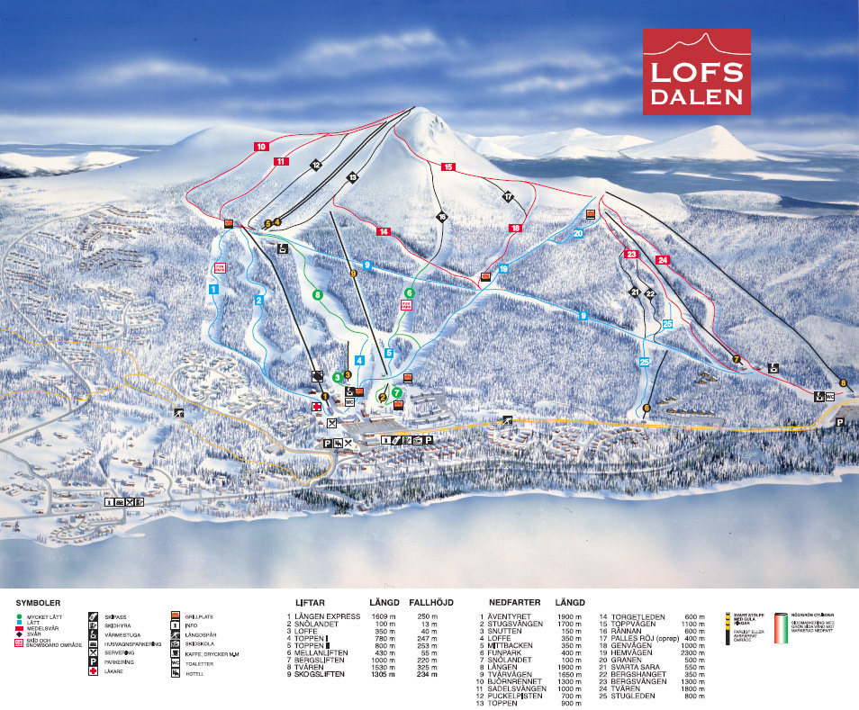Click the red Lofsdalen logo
[x=695, y=71]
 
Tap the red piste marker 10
[x=261, y=146]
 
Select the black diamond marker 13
[x=353, y=177]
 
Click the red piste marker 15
[x=448, y=166]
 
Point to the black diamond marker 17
[x=508, y=196]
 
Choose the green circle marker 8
[x=316, y=294]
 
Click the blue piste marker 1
[x=213, y=289]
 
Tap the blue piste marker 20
[x=578, y=233]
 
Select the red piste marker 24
[x=663, y=260]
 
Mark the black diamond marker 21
[x=635, y=292]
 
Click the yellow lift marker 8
[x=844, y=382]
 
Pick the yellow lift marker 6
[x=647, y=409]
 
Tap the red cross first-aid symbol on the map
[x=316, y=407]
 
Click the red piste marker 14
[x=384, y=231]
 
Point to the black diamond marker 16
[x=441, y=217]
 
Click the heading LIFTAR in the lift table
[x=310, y=602]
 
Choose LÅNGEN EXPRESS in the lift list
[x=314, y=616]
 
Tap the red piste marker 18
[x=515, y=229]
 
